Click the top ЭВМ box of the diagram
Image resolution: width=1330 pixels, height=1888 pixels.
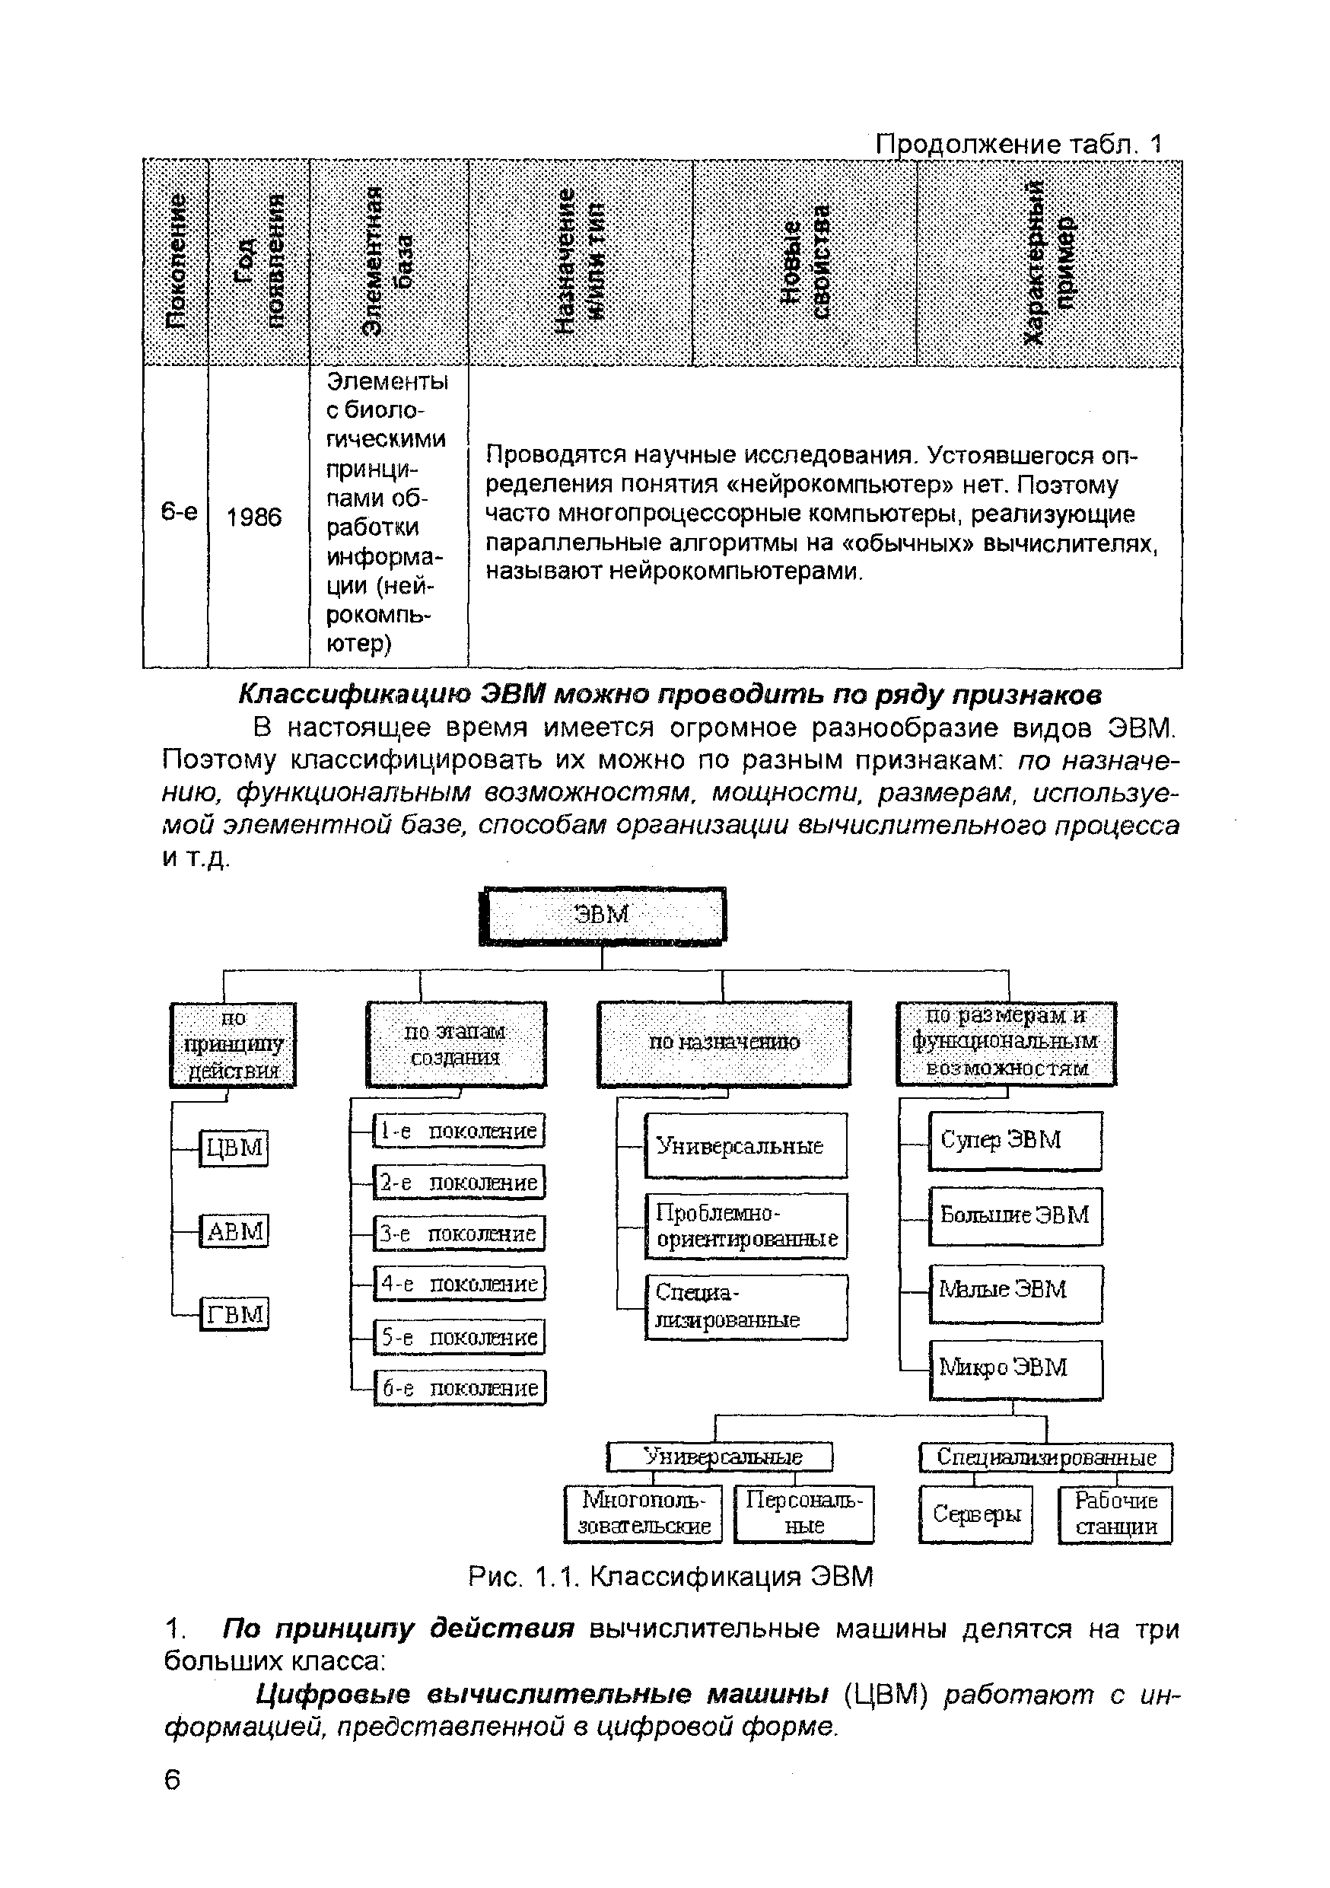click(x=603, y=915)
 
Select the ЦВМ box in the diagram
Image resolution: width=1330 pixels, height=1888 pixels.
click(x=234, y=1147)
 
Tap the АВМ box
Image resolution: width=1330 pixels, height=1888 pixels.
click(x=235, y=1231)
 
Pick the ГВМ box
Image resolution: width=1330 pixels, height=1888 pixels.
click(x=235, y=1314)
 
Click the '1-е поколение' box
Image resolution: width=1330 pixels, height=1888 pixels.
click(x=459, y=1131)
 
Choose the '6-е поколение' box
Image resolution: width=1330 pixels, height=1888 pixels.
click(x=460, y=1388)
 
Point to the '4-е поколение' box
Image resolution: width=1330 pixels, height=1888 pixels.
click(x=460, y=1284)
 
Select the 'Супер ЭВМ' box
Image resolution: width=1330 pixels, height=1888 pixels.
click(x=1014, y=1141)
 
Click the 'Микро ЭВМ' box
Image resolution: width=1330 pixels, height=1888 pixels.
click(x=1016, y=1367)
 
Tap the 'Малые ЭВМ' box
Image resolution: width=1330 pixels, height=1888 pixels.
click(x=1016, y=1290)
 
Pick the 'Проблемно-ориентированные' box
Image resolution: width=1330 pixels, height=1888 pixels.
click(x=746, y=1226)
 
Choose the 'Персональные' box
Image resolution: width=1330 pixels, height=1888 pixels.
click(x=803, y=1513)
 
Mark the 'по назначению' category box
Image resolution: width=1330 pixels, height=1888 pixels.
click(x=724, y=1043)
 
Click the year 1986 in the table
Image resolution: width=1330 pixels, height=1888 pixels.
click(x=254, y=517)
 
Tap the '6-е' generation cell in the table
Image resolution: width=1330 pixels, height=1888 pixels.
click(x=178, y=512)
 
